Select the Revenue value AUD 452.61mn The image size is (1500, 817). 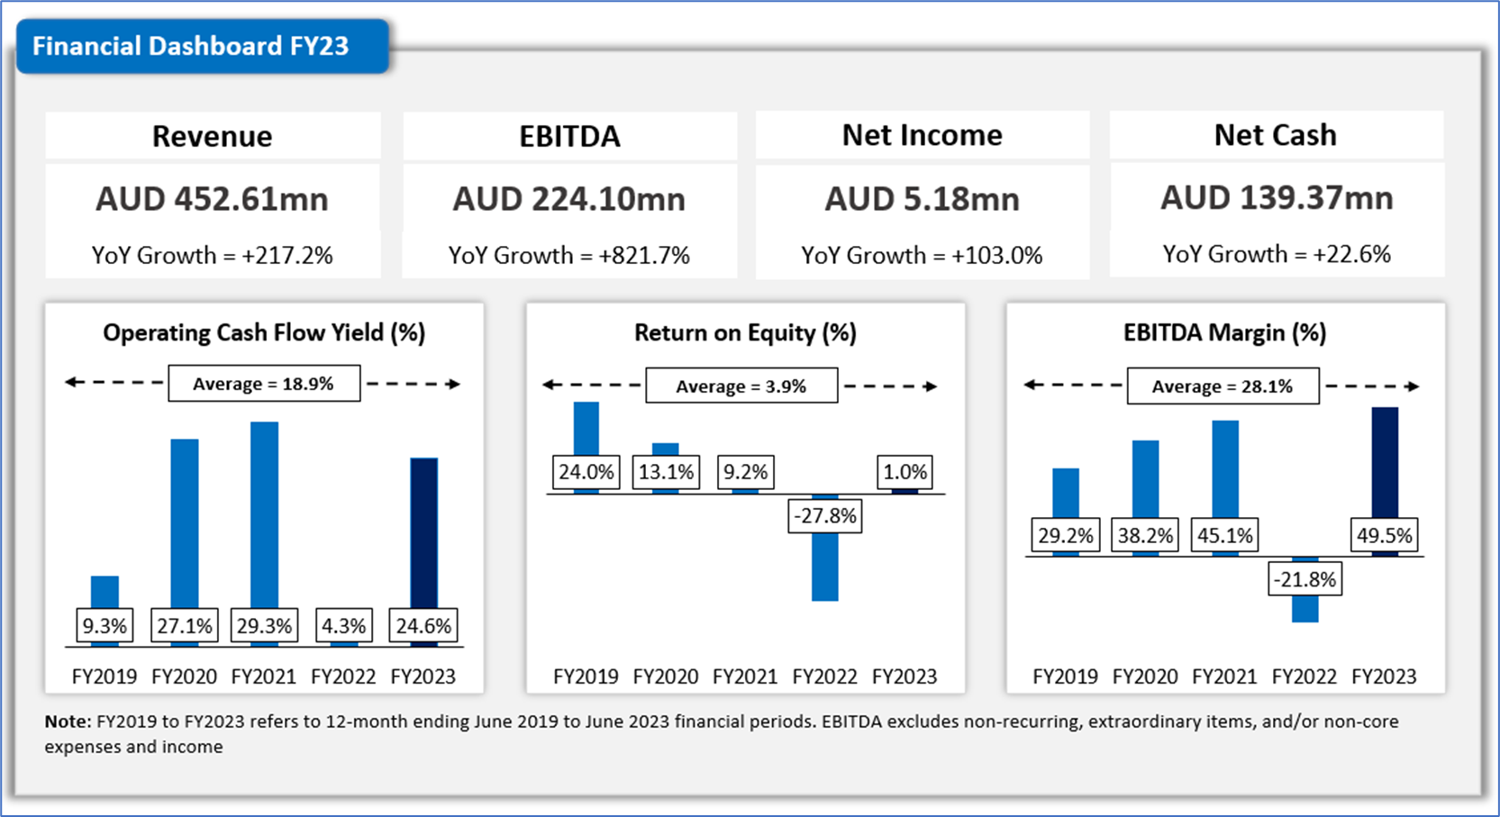point(212,199)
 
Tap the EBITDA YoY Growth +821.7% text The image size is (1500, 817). point(568,256)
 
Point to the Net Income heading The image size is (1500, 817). point(922,135)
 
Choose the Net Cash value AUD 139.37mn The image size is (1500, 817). point(1276,198)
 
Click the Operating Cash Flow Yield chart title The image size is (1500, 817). point(263,333)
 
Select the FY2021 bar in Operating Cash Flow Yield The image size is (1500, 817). point(264,513)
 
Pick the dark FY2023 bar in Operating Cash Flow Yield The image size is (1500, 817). point(423,531)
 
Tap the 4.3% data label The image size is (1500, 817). point(343,626)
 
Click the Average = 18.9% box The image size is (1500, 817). point(263,384)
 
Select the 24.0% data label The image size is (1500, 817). point(586,472)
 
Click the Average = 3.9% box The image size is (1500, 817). point(741,386)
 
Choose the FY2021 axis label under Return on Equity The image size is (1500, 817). point(744,676)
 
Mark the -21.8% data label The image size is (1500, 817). point(1305,579)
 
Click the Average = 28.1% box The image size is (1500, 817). point(1222,386)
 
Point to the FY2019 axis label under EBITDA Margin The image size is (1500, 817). point(1065,676)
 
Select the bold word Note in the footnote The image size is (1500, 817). point(68,722)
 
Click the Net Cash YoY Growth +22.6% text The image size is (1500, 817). point(1276,255)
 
